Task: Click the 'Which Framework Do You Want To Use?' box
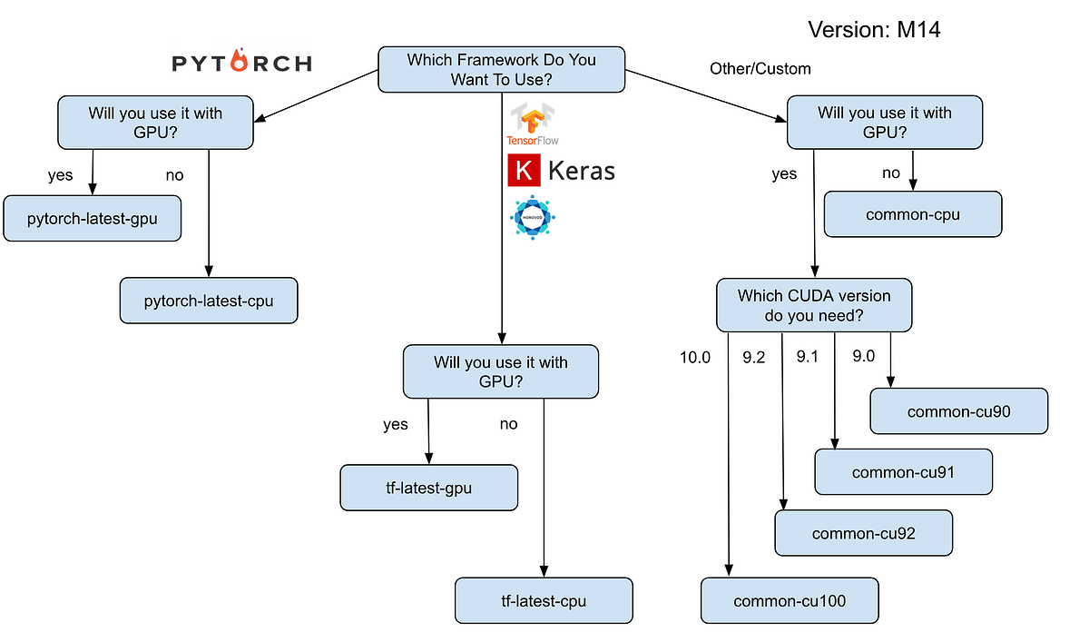click(501, 70)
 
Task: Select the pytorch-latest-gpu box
click(92, 219)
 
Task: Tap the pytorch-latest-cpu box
click(209, 300)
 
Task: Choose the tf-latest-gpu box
click(428, 489)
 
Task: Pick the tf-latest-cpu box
click(544, 601)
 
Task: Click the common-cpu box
click(913, 214)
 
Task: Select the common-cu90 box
click(959, 411)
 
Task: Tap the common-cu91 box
click(903, 472)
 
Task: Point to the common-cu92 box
click(863, 533)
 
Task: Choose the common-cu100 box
click(790, 600)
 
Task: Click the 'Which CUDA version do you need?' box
click(814, 306)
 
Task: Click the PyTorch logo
click(241, 62)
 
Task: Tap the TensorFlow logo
click(532, 124)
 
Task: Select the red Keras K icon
click(524, 171)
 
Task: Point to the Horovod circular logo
click(532, 218)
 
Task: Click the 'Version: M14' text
click(874, 30)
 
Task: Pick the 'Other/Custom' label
click(760, 69)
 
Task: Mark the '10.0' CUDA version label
click(695, 358)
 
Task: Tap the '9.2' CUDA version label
click(754, 358)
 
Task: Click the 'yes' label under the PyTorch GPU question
click(61, 175)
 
